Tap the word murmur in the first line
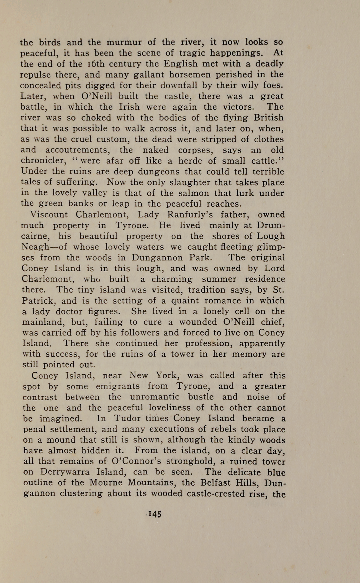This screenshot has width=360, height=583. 124,42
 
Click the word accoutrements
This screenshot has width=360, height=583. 77,150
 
